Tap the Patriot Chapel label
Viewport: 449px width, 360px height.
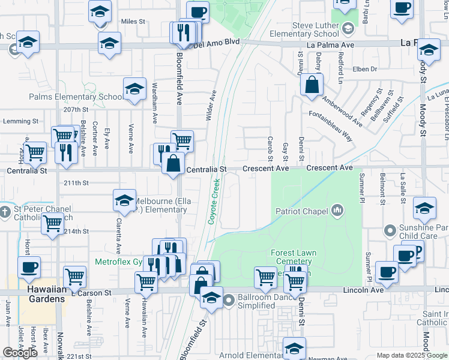(x=301, y=211)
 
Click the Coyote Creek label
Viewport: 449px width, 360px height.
(x=213, y=204)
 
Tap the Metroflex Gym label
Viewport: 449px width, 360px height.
(x=119, y=262)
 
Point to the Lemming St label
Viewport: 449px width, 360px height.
(x=16, y=121)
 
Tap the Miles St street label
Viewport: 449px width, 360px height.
(x=133, y=22)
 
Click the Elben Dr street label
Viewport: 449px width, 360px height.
(x=365, y=69)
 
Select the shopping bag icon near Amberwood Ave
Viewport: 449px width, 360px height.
(x=312, y=85)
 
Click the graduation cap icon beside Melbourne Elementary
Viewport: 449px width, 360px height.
(x=124, y=200)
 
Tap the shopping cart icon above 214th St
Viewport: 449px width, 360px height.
(x=52, y=224)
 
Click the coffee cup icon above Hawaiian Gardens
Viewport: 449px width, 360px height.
(x=28, y=266)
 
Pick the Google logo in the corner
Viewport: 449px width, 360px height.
(x=20, y=353)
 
